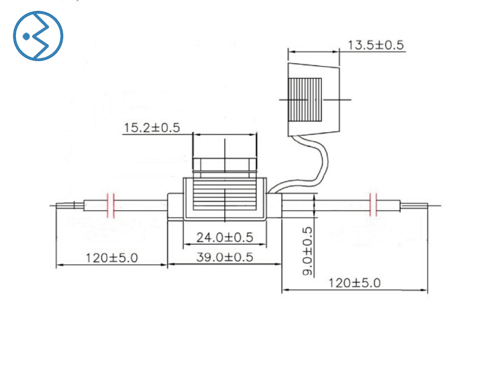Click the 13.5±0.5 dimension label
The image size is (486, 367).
point(376,45)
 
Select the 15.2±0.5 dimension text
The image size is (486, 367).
point(151,128)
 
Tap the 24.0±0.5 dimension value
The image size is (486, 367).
point(225,237)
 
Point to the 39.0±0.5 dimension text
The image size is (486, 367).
point(225,257)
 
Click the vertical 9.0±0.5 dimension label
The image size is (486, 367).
point(307,251)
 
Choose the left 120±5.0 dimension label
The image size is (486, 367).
point(111,258)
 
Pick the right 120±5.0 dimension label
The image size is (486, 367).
point(354,283)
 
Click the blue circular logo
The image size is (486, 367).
point(38,36)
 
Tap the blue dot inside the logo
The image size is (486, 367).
point(26,37)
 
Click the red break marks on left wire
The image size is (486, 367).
point(111,205)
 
